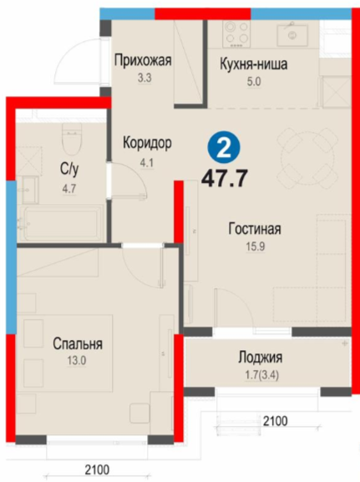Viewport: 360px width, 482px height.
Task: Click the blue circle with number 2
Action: coord(224,148)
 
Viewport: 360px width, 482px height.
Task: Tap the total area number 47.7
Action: coord(225,179)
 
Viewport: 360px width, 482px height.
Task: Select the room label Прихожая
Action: coord(143,60)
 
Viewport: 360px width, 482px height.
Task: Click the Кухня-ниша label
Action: coord(254,64)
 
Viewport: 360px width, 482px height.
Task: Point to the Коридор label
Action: coord(147,143)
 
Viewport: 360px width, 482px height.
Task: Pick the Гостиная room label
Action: coord(255,229)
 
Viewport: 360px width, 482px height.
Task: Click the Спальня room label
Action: coord(78,344)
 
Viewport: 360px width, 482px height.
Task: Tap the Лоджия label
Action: coord(261,358)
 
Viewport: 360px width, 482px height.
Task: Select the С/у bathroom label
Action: coord(69,169)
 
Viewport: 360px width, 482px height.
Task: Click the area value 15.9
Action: coord(255,246)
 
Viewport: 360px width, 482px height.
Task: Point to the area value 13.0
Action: coord(77,361)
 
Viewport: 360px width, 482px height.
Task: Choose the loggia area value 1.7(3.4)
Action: coord(262,376)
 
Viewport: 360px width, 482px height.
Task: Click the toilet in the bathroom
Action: coord(72,139)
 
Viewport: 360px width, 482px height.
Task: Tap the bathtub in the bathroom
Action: coord(60,222)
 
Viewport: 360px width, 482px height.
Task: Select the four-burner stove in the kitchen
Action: coord(236,33)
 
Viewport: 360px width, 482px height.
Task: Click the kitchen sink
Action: coord(292,34)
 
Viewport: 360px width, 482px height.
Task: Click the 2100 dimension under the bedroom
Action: coord(97,469)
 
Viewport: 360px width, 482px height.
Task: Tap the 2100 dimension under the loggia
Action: coord(275,420)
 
